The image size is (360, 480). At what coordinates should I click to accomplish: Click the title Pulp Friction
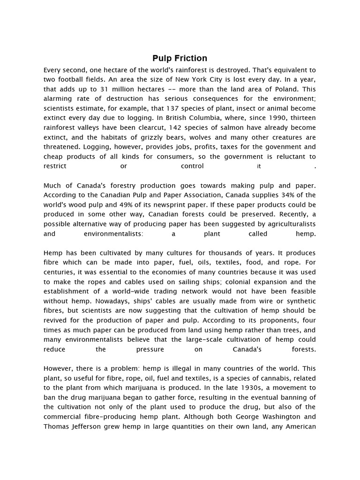point(180,59)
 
